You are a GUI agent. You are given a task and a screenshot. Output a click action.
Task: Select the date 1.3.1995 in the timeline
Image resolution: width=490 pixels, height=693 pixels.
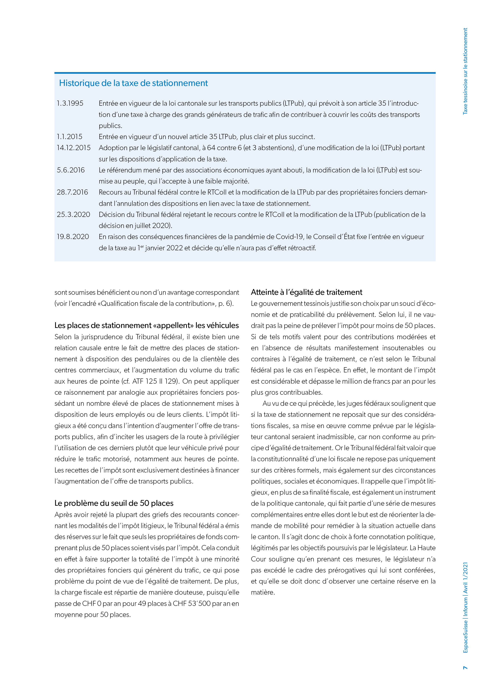click(70, 103)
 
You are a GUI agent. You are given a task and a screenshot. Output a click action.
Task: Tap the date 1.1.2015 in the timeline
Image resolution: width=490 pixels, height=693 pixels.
click(69, 137)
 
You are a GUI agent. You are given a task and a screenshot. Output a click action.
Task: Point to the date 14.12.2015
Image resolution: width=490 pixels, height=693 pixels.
click(74, 148)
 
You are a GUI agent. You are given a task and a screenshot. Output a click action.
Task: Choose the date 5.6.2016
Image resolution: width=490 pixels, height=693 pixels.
click(71, 170)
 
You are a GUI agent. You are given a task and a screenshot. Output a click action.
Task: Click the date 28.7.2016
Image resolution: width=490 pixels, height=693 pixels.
click(73, 192)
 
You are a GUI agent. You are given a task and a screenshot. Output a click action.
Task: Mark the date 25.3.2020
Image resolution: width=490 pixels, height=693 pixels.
click(73, 215)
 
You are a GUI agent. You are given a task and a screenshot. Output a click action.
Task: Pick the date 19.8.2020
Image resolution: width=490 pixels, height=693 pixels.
click(73, 237)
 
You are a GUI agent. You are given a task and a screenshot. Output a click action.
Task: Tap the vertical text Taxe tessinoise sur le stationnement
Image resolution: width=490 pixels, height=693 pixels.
click(465, 71)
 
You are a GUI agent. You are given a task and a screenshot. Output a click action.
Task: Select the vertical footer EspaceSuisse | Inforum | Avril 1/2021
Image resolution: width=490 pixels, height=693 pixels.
click(465, 607)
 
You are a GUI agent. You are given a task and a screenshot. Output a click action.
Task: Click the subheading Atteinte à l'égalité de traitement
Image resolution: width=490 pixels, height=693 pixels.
click(306, 292)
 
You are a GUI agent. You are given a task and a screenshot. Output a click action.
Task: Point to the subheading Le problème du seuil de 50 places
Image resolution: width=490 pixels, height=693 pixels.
click(114, 503)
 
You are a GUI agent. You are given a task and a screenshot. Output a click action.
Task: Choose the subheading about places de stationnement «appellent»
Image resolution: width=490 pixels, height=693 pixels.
click(146, 325)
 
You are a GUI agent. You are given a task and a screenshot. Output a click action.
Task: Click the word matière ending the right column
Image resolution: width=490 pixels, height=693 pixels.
click(263, 592)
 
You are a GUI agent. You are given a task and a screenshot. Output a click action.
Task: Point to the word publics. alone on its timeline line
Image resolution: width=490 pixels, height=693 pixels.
click(110, 126)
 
